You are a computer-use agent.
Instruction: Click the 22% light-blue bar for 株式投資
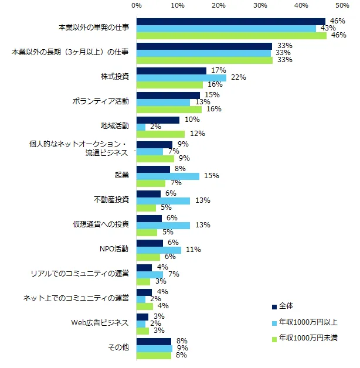click(181, 78)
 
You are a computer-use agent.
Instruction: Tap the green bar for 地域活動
click(161, 134)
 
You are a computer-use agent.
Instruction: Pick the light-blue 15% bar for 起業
click(168, 176)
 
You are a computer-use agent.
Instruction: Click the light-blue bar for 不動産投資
click(163, 201)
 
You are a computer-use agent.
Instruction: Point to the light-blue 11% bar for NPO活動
click(159, 250)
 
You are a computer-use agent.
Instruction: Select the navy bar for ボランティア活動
click(168, 95)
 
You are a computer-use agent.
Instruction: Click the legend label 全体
click(286, 307)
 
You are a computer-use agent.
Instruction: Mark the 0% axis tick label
click(137, 5)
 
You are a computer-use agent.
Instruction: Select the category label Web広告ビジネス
click(100, 323)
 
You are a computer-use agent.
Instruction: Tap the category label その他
click(119, 348)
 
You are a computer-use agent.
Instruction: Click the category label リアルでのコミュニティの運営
click(81, 274)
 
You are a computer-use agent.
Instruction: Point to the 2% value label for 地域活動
click(155, 127)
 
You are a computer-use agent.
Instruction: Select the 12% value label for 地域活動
click(197, 134)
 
